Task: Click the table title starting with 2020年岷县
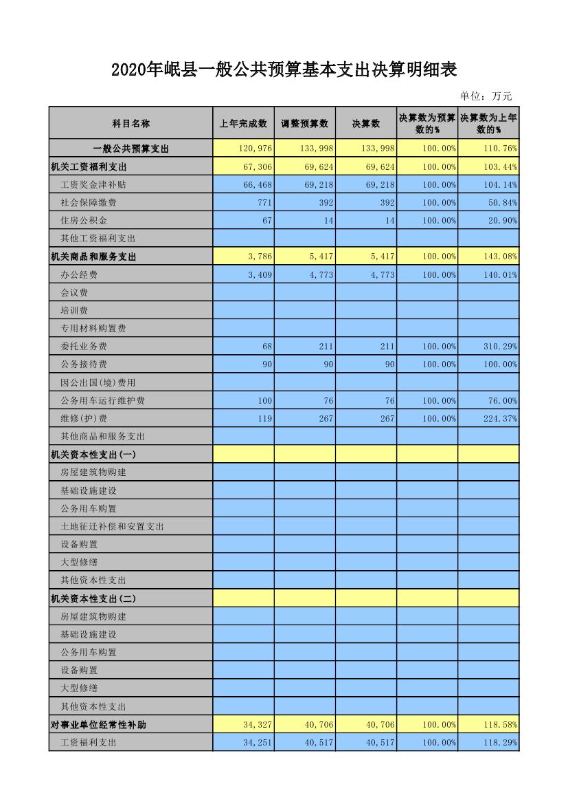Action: (x=284, y=70)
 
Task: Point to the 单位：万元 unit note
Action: (x=486, y=96)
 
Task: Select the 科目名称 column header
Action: (x=130, y=123)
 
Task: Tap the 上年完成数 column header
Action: (x=243, y=123)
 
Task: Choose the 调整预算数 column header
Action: (x=304, y=123)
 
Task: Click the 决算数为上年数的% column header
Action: (x=488, y=123)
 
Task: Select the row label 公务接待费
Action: (x=84, y=365)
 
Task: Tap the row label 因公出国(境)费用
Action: (x=98, y=382)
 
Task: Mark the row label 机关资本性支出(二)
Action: (x=93, y=598)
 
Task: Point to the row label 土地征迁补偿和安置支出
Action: (x=113, y=526)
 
